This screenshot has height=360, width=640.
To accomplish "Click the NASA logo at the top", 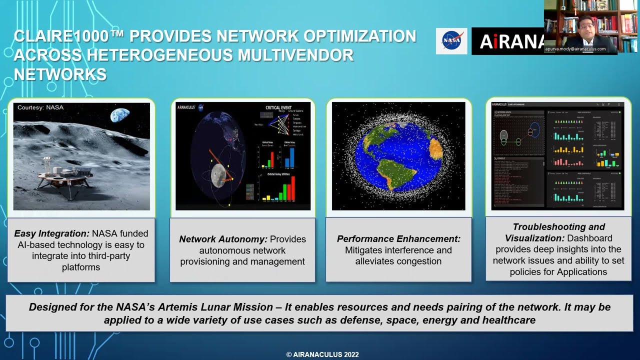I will click(451, 41).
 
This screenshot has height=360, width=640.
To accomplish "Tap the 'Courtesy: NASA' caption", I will click(40, 107).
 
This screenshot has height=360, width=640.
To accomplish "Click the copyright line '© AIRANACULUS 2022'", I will click(322, 354).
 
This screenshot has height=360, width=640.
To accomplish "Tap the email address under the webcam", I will click(575, 49).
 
